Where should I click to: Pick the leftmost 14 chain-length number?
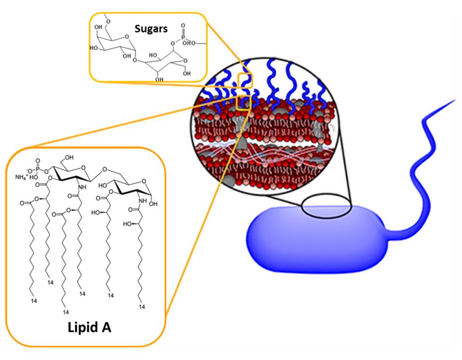point(33,300)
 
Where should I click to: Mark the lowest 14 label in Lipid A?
point(65,312)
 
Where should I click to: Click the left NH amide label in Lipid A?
point(81,187)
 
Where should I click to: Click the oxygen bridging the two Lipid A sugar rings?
point(104,171)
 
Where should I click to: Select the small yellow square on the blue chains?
point(246,80)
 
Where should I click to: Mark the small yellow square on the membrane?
point(243,103)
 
